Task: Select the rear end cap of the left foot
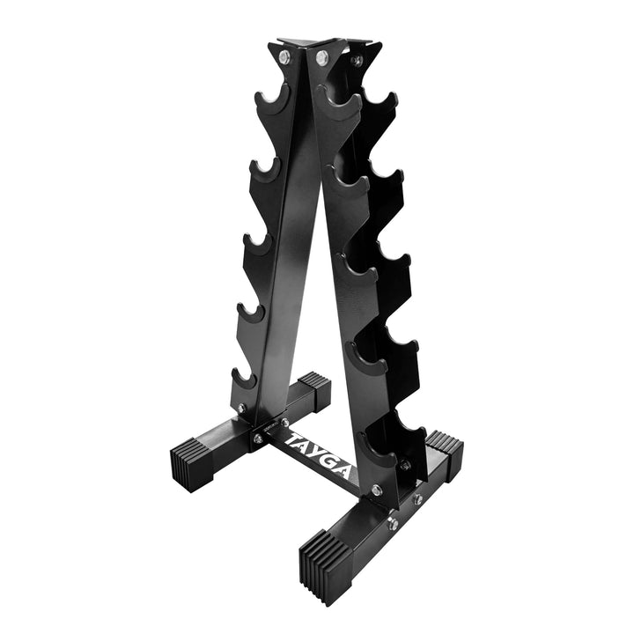[x=313, y=387]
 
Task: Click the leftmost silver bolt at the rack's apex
[x=284, y=57]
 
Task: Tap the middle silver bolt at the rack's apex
[x=321, y=57]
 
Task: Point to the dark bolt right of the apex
[x=357, y=60]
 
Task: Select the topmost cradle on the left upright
[x=271, y=99]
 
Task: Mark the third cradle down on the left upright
[x=256, y=244]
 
